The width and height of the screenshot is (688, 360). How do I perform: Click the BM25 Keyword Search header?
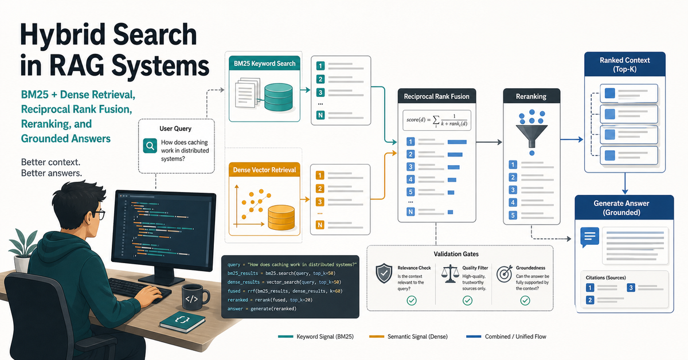point(264,63)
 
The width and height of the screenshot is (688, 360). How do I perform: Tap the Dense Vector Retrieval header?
point(264,170)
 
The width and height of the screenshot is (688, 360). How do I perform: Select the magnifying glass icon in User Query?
point(150,146)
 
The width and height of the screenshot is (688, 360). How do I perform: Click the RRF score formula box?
point(436,120)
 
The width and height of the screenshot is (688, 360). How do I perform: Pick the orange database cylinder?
point(282,218)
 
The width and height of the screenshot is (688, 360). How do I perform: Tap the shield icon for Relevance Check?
point(384,273)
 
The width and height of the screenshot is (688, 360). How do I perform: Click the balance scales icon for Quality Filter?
point(450,273)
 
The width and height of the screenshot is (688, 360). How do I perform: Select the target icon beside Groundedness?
point(505,273)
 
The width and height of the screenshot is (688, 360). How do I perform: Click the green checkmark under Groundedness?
point(525,300)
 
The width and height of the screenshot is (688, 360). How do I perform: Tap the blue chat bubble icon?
point(590,237)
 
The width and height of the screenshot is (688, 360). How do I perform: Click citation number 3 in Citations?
point(631,288)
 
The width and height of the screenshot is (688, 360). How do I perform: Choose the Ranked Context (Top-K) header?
point(625,64)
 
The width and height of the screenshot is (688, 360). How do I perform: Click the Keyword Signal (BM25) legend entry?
point(316,336)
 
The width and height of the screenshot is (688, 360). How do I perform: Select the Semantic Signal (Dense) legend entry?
point(408,336)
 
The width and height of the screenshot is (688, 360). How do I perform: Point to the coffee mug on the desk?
point(195,297)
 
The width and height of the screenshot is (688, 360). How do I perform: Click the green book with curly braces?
point(182,322)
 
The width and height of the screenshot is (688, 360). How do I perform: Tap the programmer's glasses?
point(99,214)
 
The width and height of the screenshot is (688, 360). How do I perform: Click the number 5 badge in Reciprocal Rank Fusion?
point(411,192)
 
